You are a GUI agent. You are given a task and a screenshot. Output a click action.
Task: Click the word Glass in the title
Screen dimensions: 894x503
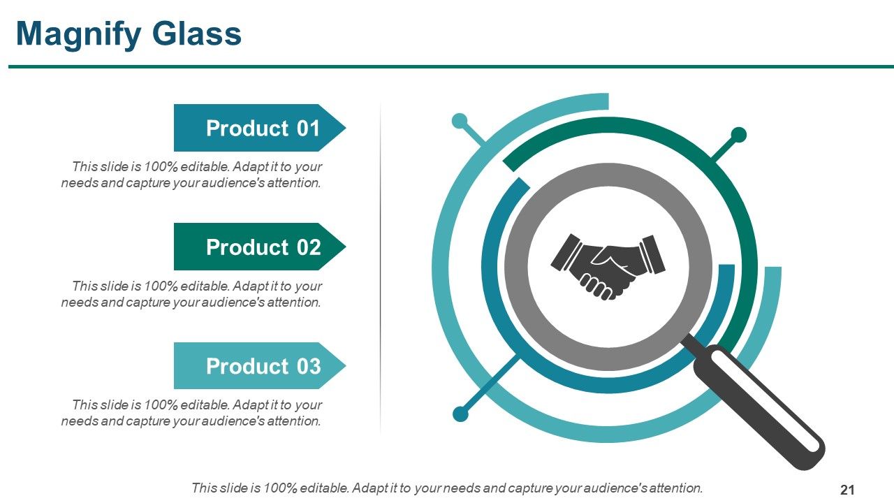click(x=197, y=34)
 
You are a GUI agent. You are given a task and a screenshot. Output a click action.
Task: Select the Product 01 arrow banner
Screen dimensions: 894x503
click(x=260, y=128)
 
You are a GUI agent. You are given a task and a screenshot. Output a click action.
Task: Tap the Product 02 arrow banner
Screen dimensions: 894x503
click(x=260, y=247)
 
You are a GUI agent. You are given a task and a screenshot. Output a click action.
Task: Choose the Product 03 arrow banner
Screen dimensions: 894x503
click(x=260, y=365)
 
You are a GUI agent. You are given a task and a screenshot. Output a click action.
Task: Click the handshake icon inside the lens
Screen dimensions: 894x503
click(x=608, y=267)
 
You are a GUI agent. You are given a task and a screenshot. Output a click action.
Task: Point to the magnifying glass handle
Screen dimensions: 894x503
click(x=759, y=408)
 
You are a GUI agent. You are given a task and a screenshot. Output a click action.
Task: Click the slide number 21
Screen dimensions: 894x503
click(x=847, y=490)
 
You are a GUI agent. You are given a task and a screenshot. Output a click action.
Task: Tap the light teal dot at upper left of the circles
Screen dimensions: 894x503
click(x=460, y=121)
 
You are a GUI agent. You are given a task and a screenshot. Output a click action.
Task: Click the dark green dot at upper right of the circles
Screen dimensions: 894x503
click(x=738, y=135)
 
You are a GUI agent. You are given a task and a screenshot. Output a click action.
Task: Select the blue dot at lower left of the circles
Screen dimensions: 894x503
click(x=460, y=414)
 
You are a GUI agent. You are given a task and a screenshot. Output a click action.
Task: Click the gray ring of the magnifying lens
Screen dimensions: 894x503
click(x=516, y=267)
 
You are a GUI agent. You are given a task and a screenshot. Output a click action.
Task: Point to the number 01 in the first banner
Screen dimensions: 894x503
click(x=308, y=129)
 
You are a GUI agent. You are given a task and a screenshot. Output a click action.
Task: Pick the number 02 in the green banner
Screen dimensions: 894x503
click(x=309, y=247)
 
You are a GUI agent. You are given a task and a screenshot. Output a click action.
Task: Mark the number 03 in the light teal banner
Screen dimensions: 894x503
click(x=309, y=367)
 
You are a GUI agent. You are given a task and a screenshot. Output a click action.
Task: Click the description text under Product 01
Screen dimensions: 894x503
click(x=191, y=175)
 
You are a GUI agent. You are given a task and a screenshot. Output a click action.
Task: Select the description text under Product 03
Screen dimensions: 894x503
click(x=191, y=413)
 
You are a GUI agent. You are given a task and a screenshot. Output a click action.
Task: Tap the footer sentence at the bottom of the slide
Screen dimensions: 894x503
click(x=447, y=488)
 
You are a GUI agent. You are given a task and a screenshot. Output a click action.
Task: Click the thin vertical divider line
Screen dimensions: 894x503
click(x=381, y=268)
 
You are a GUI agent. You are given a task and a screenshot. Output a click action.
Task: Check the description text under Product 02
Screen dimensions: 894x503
click(x=191, y=294)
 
